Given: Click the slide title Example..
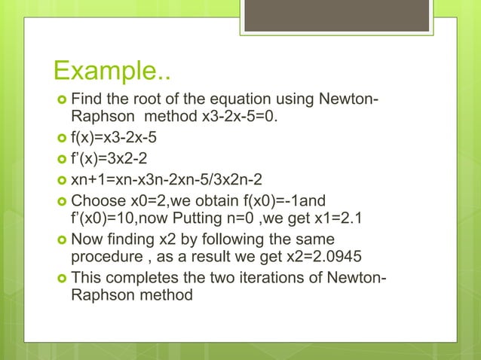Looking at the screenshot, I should click(112, 74).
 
